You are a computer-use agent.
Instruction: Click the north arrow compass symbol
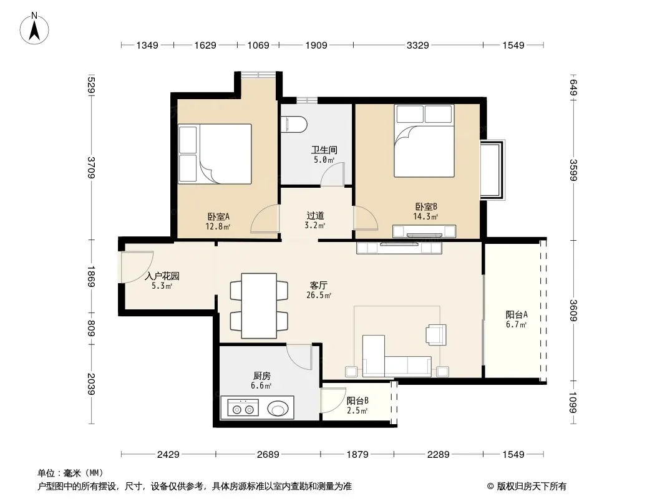click(34, 28)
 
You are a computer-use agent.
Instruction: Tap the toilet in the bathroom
click(296, 124)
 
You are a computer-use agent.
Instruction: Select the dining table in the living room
click(259, 305)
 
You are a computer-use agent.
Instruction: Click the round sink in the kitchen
click(278, 410)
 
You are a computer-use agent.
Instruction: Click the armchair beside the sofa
click(437, 334)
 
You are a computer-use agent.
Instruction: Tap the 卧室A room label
click(218, 216)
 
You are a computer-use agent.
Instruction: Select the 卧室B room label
click(426, 207)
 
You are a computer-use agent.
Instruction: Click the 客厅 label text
click(319, 285)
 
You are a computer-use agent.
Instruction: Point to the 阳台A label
click(517, 314)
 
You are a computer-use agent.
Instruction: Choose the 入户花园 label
click(162, 276)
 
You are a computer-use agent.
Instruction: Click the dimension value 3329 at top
click(418, 45)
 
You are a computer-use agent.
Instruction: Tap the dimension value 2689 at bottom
click(268, 455)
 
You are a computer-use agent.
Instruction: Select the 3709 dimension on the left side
click(91, 167)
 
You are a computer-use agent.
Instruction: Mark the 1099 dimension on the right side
click(573, 402)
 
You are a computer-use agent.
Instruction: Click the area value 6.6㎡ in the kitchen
click(261, 386)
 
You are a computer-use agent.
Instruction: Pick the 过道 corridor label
click(315, 216)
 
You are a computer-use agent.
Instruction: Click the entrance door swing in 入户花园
click(137, 267)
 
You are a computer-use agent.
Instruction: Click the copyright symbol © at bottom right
click(490, 487)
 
